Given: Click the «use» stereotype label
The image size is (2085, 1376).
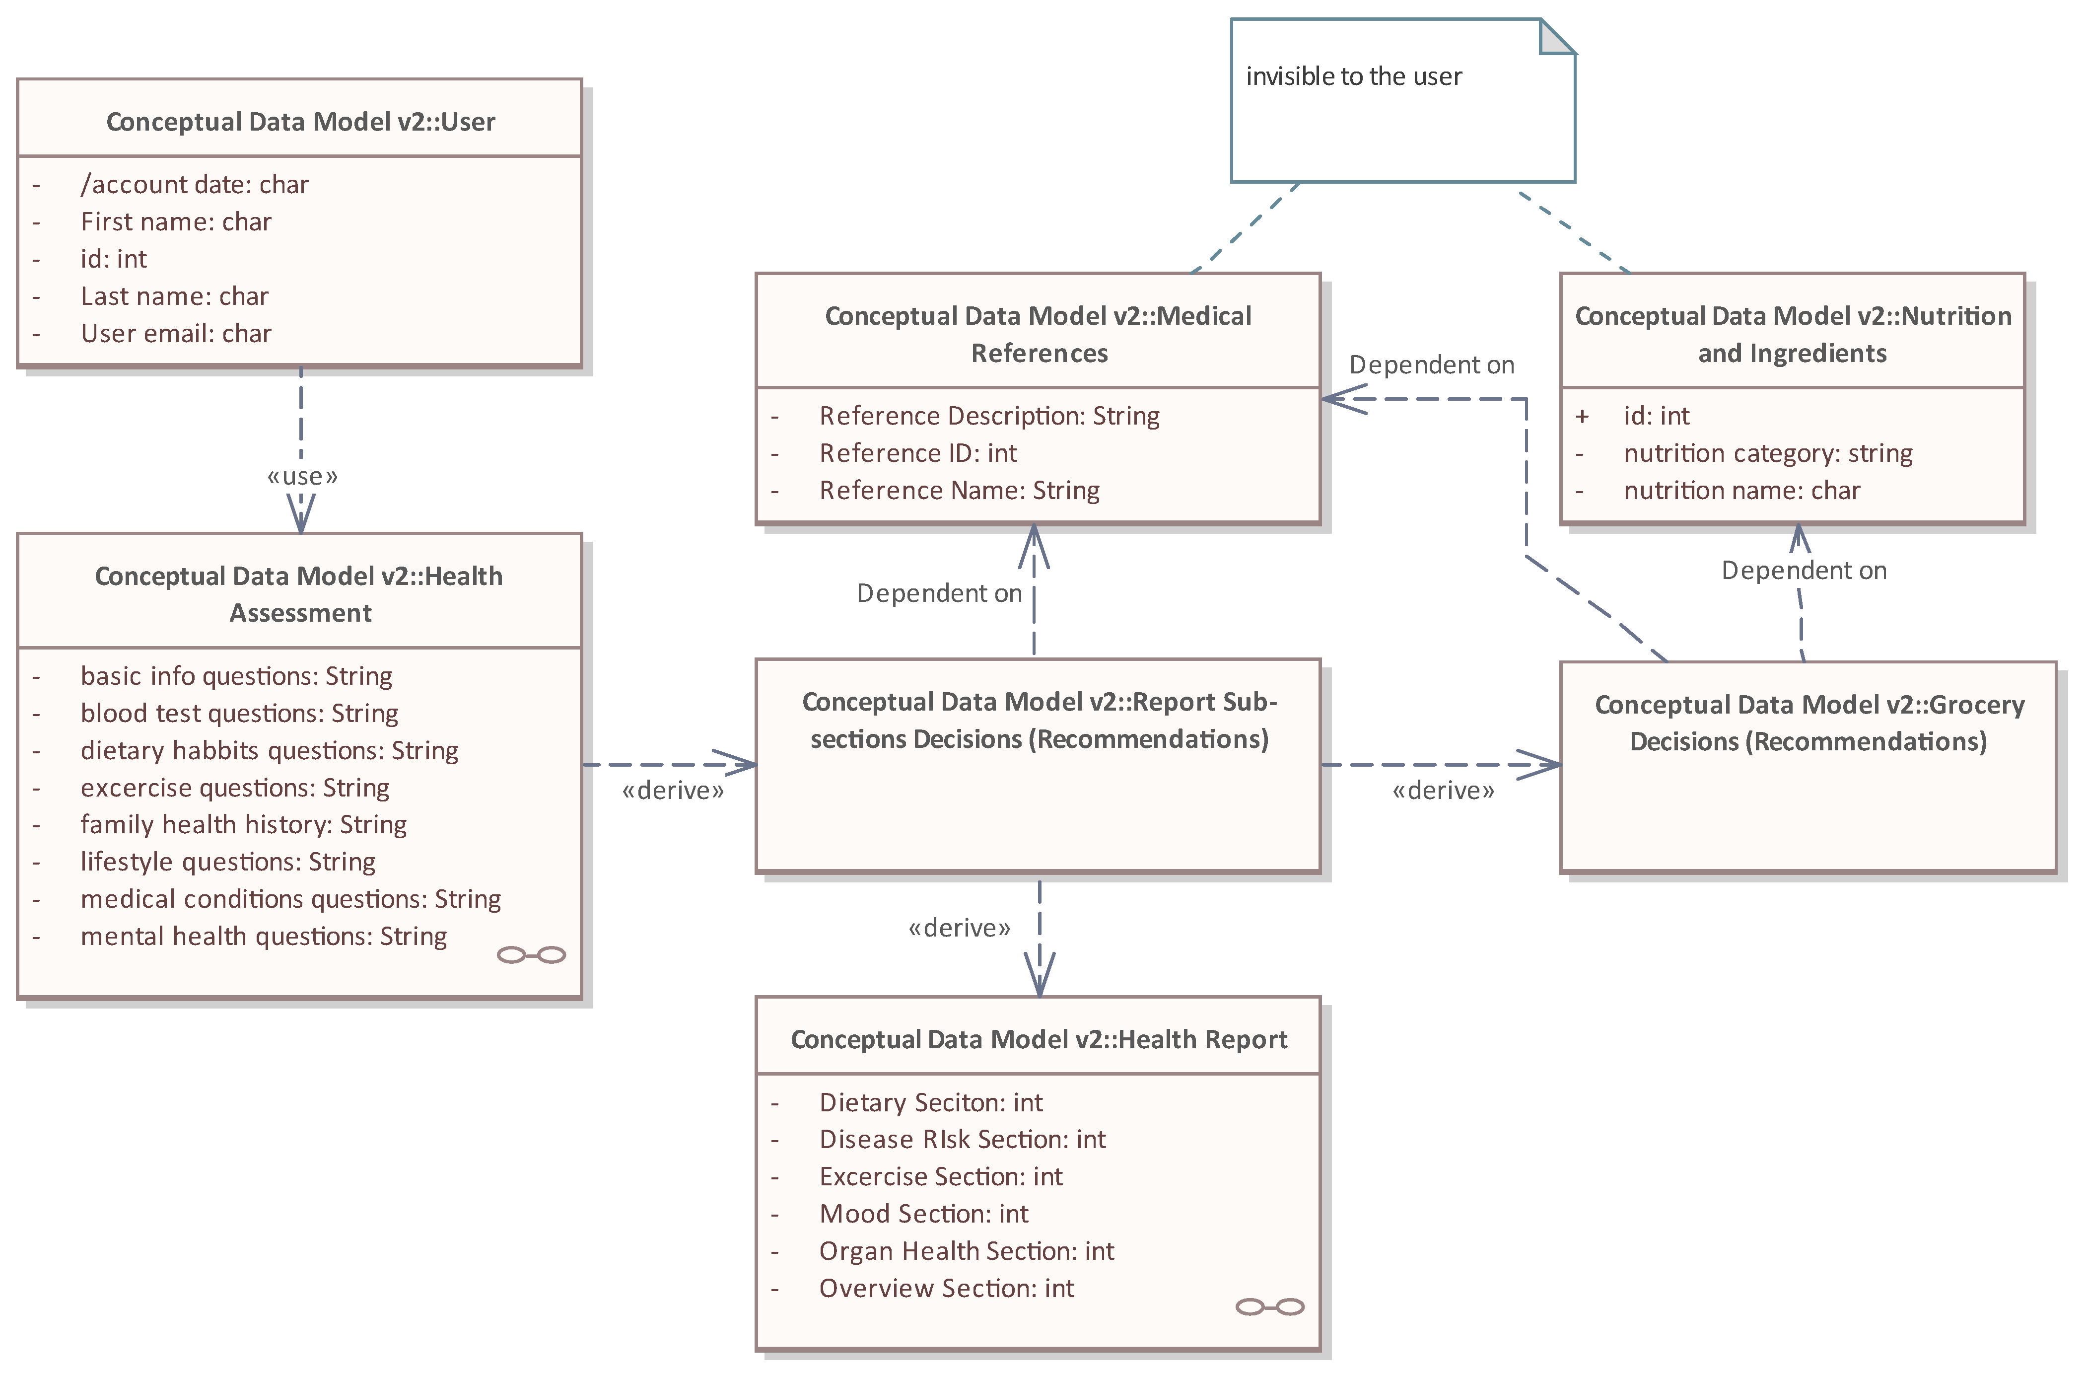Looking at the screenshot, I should tap(302, 477).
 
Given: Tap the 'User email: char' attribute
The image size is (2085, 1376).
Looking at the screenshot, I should tap(175, 334).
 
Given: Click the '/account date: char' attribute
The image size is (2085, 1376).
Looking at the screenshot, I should tap(194, 184).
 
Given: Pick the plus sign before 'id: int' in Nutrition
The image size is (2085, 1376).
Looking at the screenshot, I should tap(1582, 416).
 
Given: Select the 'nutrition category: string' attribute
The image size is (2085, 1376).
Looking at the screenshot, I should tap(1767, 453).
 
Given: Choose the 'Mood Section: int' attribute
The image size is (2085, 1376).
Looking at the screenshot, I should tap(923, 1214).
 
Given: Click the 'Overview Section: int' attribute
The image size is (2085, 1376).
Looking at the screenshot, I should tap(946, 1288).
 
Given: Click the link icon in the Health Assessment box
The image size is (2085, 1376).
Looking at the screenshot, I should tap(531, 955).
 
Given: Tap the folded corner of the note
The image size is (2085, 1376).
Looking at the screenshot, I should tap(1558, 36).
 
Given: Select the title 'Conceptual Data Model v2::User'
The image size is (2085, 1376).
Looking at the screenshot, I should tap(300, 122).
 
